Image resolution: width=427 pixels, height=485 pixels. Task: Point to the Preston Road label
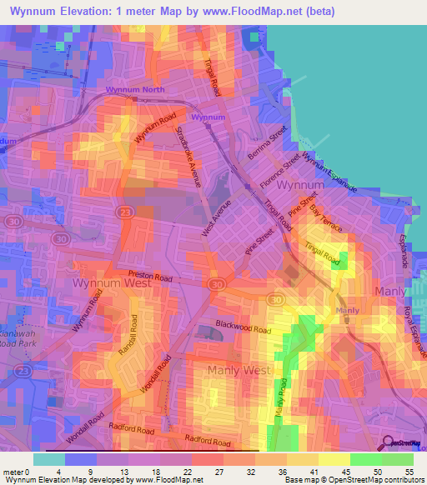coord(150,276)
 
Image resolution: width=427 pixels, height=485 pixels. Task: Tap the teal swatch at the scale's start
coord(48,459)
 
